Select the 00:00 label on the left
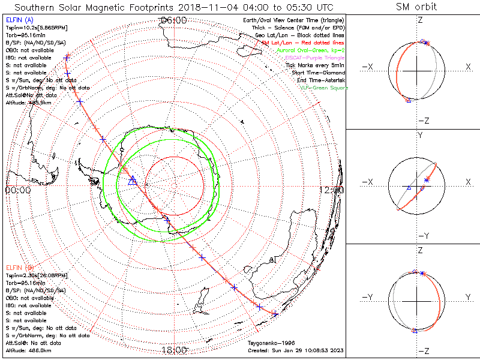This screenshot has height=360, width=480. (17, 190)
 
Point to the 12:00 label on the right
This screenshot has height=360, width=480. (332, 190)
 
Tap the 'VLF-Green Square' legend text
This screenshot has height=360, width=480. (324, 88)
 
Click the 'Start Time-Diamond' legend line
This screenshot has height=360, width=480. (318, 73)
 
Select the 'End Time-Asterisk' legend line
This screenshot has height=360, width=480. (319, 80)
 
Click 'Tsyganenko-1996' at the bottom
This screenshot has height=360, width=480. (268, 343)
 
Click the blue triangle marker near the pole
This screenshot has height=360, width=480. (133, 181)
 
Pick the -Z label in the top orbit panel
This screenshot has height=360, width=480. (424, 121)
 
